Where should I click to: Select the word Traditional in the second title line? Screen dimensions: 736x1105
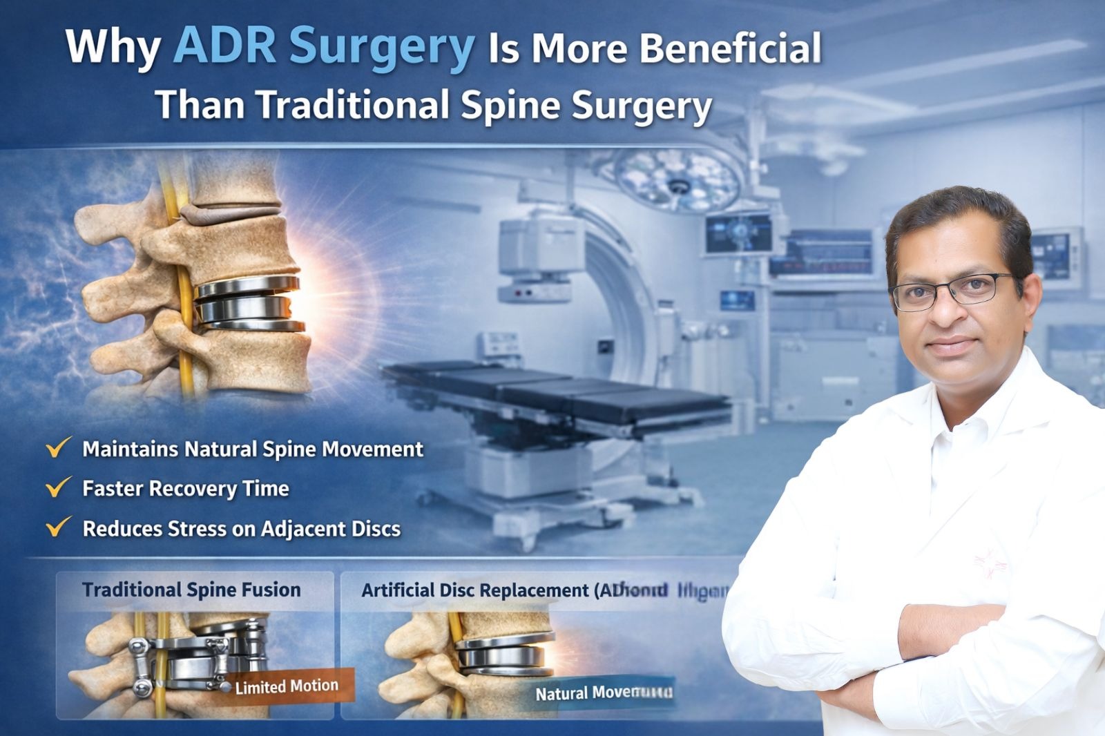pyautogui.click(x=353, y=106)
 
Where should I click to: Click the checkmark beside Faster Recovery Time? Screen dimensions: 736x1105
pyautogui.click(x=58, y=487)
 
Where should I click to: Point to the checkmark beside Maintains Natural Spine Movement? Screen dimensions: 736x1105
pyautogui.click(x=58, y=448)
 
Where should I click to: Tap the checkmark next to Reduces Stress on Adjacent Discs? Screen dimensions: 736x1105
pyautogui.click(x=58, y=527)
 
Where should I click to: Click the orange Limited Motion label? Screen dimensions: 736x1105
pyautogui.click(x=286, y=686)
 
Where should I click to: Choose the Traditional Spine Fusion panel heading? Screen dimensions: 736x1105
pyautogui.click(x=191, y=590)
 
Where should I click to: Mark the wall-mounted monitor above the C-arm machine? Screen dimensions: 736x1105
pyautogui.click(x=738, y=233)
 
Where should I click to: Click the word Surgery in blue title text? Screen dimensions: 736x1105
pyautogui.click(x=381, y=47)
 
